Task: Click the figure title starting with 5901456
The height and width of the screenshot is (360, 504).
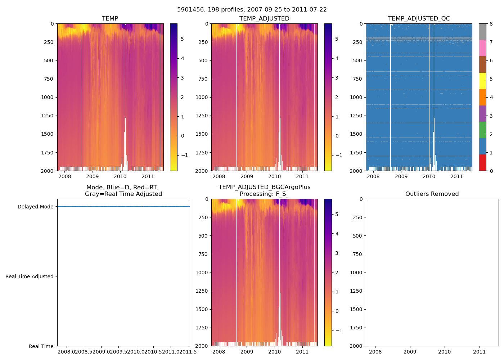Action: [252, 10]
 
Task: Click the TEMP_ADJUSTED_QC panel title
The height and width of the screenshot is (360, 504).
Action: [419, 18]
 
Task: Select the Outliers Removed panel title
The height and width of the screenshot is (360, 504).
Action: [432, 194]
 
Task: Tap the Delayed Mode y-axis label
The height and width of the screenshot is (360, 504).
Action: [35, 207]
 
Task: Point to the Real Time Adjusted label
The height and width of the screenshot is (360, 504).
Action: [29, 276]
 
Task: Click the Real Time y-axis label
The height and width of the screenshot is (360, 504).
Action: [41, 346]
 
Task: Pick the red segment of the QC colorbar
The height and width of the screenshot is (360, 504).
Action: [482, 162]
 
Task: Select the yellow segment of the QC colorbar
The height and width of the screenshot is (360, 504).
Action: [482, 81]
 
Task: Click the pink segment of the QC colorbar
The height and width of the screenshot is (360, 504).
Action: [482, 48]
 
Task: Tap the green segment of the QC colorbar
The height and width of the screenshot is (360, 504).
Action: [482, 130]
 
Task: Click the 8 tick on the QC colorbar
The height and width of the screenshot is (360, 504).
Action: [491, 24]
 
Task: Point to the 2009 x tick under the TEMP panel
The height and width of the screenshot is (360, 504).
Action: [92, 176]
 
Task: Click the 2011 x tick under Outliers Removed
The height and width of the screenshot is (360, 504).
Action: [479, 352]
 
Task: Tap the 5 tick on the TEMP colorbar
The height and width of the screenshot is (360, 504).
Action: [183, 39]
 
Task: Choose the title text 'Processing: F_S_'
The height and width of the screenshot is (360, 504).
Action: [264, 194]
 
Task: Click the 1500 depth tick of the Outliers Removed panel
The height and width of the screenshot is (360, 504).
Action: [356, 309]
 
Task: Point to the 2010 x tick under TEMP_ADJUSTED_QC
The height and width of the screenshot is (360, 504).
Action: [429, 176]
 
